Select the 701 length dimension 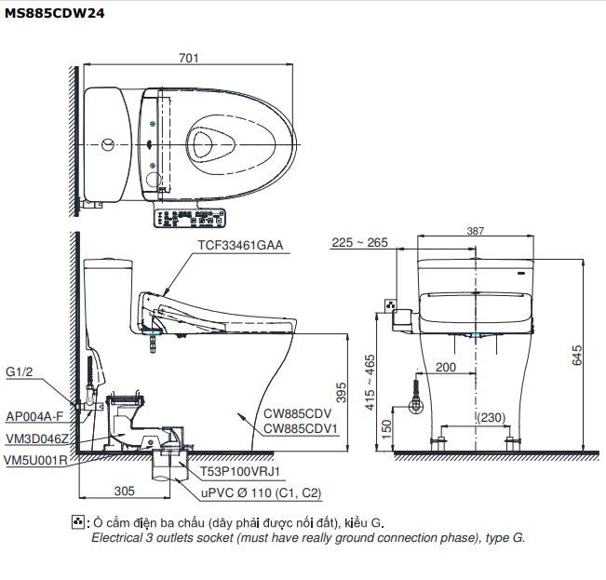[x=189, y=59]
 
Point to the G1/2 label [x=20, y=372]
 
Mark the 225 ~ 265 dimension [x=358, y=243]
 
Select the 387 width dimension [x=477, y=230]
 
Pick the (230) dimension [x=493, y=419]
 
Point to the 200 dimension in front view [x=445, y=368]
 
